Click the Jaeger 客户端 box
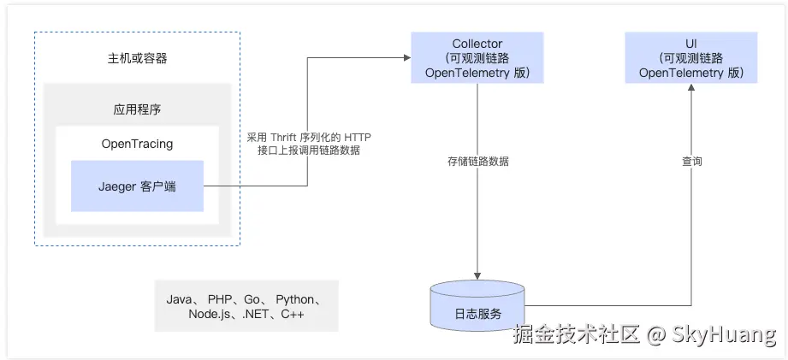137,186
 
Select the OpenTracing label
137,144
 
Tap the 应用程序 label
137,109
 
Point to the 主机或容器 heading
137,59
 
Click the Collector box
477,58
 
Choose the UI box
690,58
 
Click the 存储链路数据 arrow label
477,161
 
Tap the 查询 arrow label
691,161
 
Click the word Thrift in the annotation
287,137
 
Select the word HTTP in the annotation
358,137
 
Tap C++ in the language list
292,315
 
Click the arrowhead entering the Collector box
406,58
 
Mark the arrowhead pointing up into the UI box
690,88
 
